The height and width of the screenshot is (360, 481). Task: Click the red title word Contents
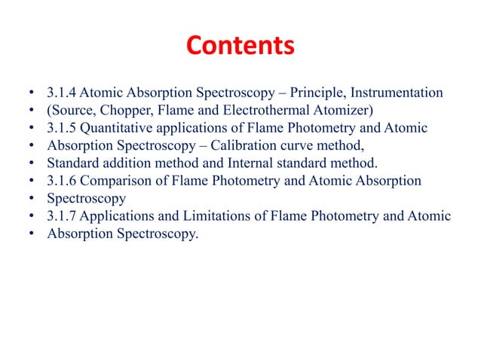pyautogui.click(x=240, y=47)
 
